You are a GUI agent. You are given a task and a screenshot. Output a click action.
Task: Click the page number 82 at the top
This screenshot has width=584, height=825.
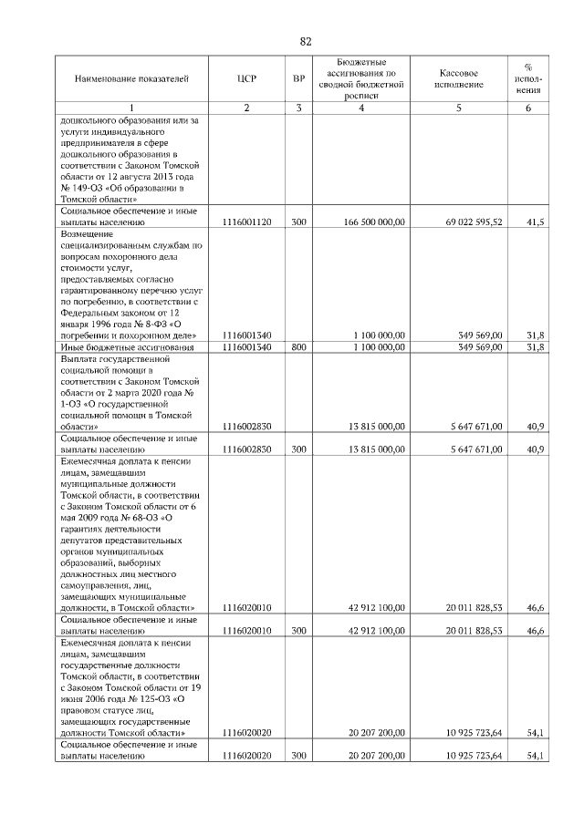coord(306,41)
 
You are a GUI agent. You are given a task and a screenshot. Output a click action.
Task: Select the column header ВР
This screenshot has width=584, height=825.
coord(298,79)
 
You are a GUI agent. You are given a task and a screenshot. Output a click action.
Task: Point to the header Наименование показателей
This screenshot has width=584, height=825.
coord(131,79)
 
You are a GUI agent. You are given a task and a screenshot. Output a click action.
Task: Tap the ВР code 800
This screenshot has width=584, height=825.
coord(298,347)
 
